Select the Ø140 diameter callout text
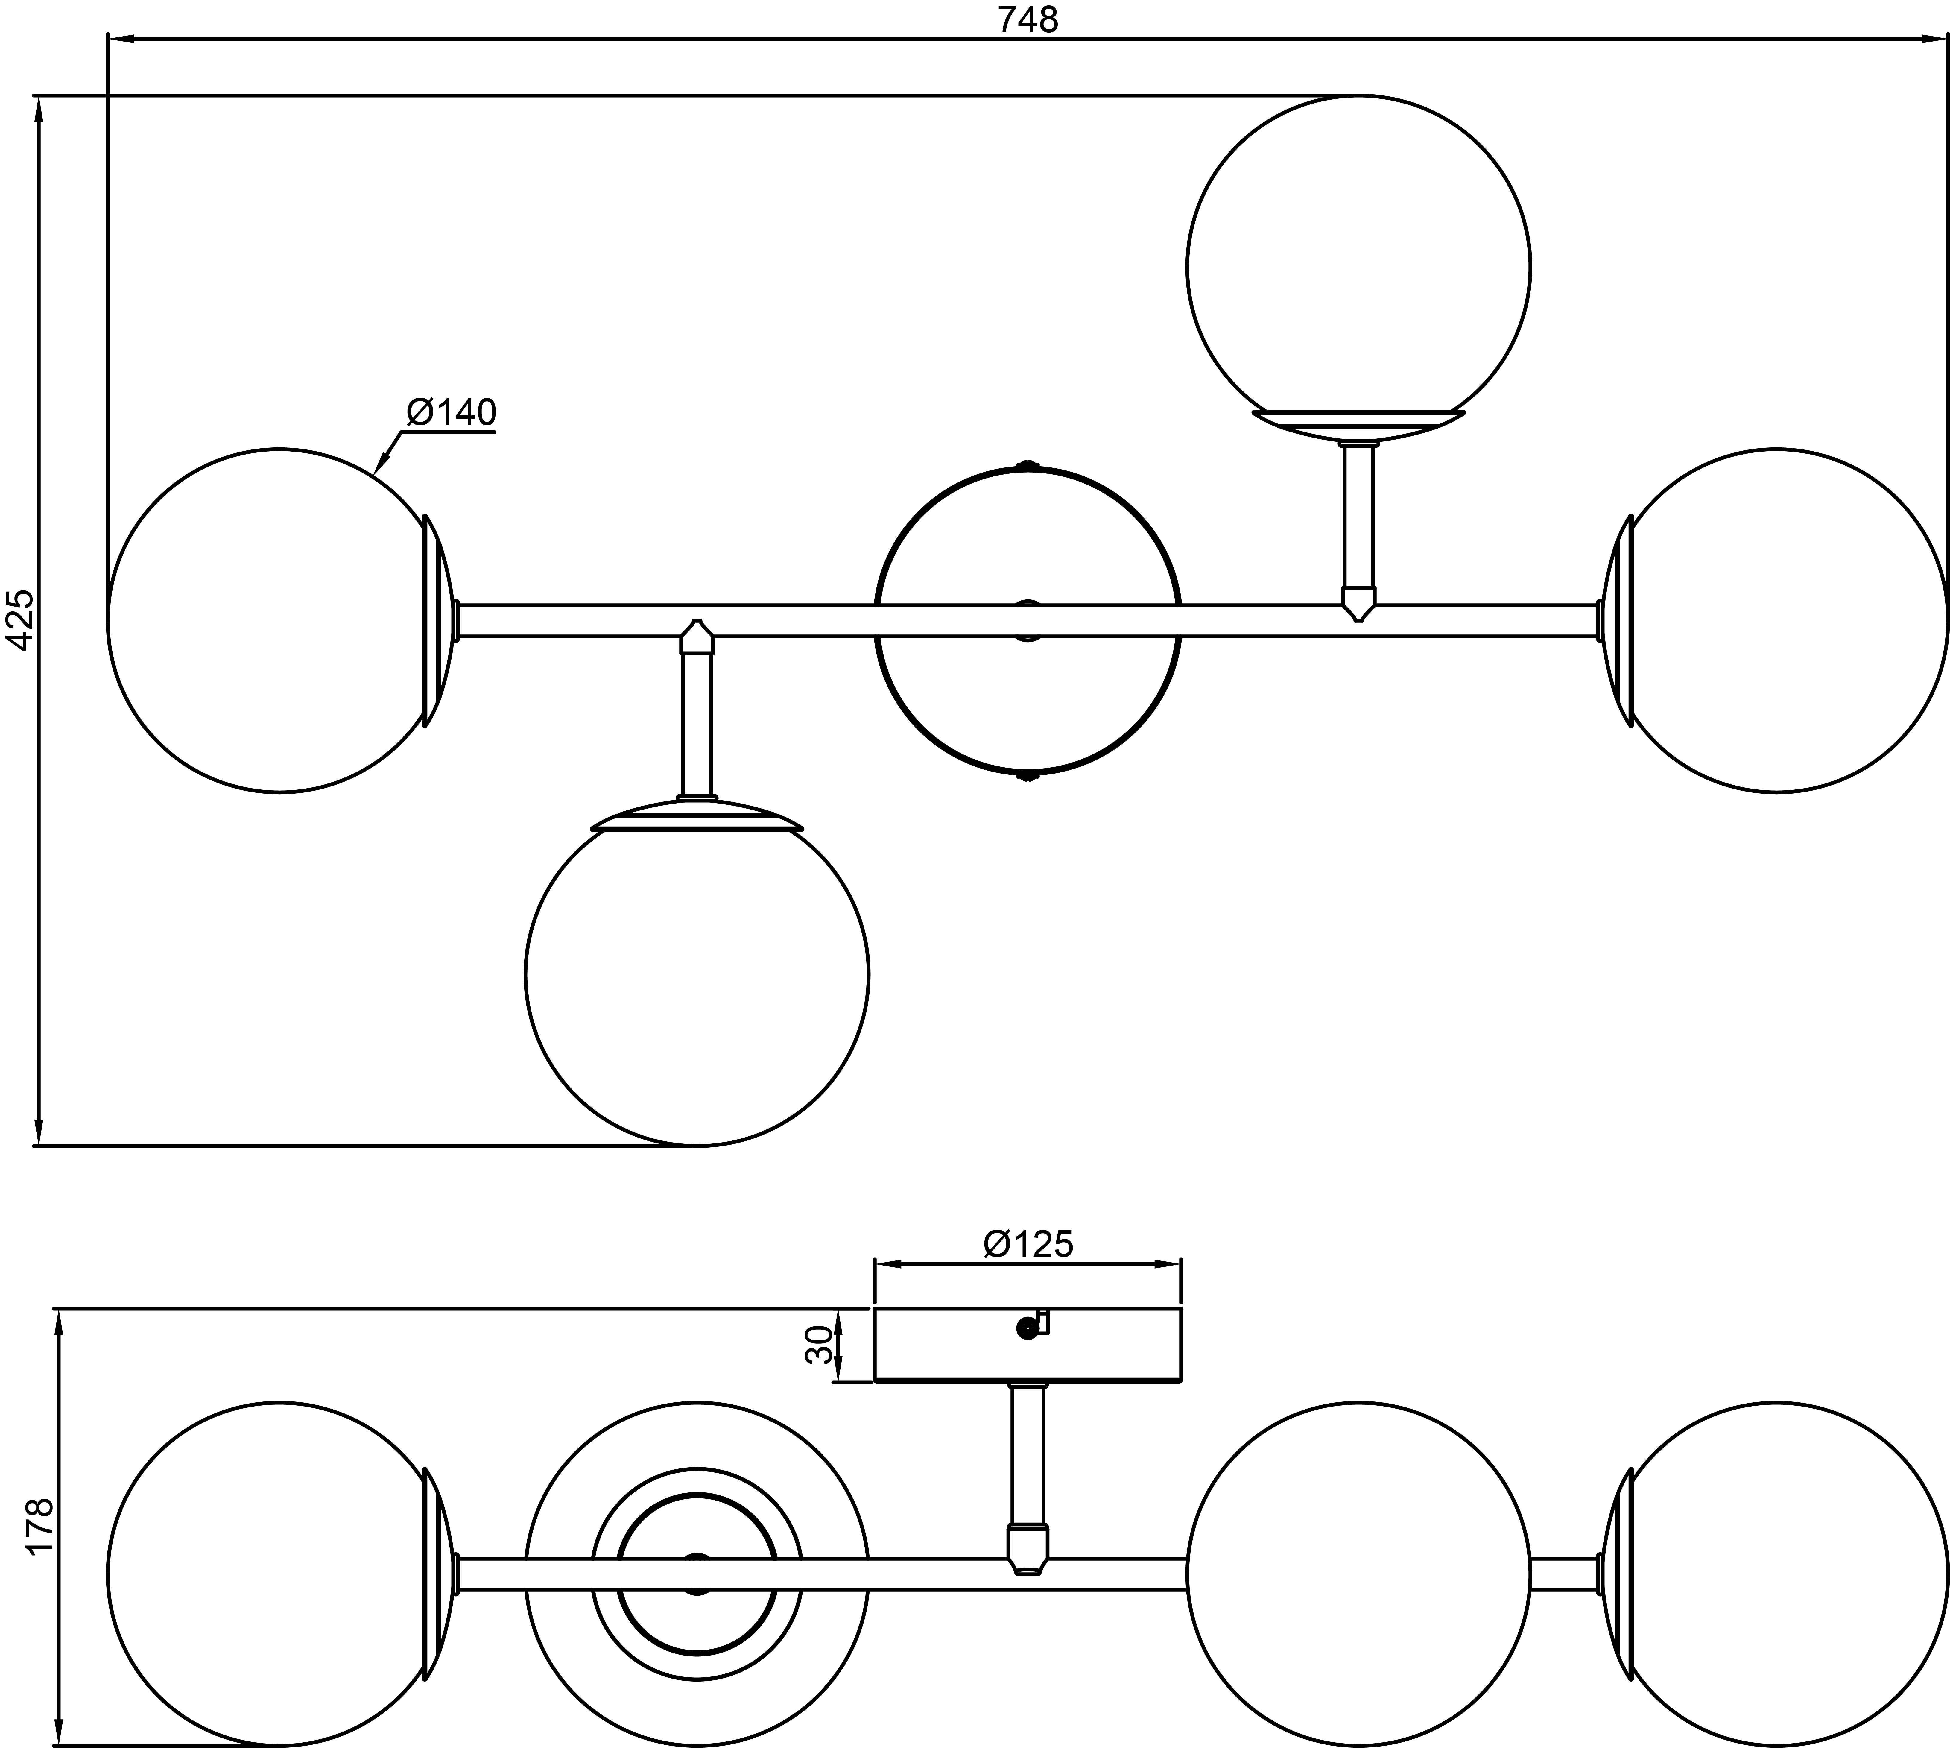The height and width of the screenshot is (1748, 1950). [x=451, y=413]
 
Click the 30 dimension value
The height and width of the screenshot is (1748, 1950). [x=818, y=1345]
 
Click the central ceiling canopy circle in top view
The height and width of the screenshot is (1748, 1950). [x=1027, y=538]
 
